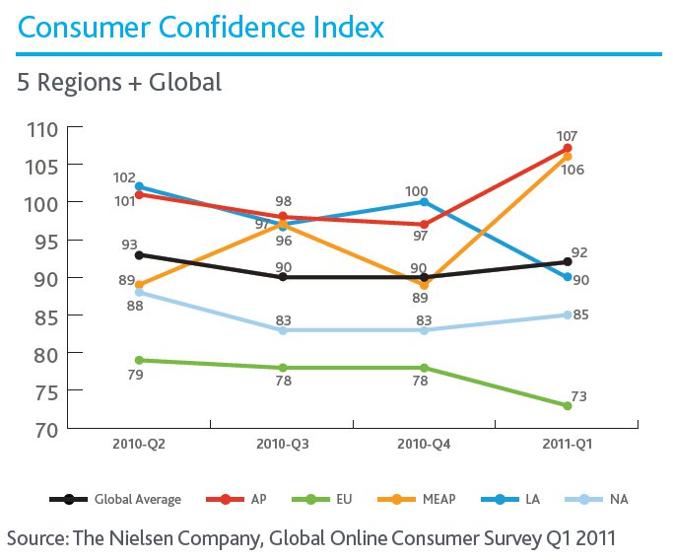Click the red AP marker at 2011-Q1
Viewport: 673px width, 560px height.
click(x=568, y=149)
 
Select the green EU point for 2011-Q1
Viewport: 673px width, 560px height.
click(x=568, y=405)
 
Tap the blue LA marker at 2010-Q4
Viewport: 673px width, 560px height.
click(x=425, y=202)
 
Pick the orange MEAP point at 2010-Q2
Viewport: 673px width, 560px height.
click(x=138, y=285)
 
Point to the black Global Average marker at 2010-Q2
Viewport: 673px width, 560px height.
click(x=138, y=254)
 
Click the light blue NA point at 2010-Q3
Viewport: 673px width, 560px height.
click(x=283, y=330)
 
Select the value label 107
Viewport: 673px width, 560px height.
click(x=567, y=136)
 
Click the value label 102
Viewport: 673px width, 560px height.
click(x=124, y=178)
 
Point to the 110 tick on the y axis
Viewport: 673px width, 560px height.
click(x=42, y=128)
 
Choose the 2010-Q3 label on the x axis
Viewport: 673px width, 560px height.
click(x=282, y=446)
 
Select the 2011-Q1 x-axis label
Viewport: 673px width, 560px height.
click(x=568, y=446)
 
